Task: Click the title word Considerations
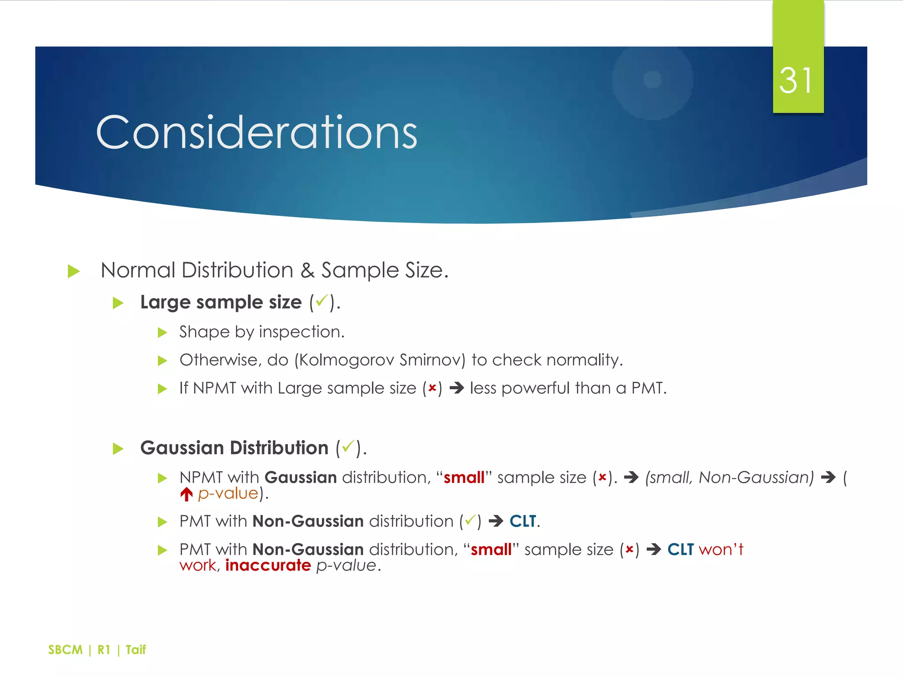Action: [x=257, y=132]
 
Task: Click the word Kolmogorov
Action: [x=347, y=361]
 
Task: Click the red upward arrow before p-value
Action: [x=186, y=494]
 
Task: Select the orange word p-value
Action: [x=228, y=494]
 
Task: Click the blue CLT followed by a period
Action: [x=523, y=521]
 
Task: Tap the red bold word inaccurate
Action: [x=268, y=565]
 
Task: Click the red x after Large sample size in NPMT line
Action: [x=432, y=388]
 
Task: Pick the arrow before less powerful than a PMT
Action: [x=456, y=388]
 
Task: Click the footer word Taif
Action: [x=135, y=650]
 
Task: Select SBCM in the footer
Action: [x=65, y=650]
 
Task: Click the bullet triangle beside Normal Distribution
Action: [x=74, y=271]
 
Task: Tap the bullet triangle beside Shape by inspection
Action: [x=162, y=333]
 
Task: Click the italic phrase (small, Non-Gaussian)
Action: [x=729, y=478]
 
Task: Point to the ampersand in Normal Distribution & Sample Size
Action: [x=307, y=270]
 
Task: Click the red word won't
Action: [x=721, y=550]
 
